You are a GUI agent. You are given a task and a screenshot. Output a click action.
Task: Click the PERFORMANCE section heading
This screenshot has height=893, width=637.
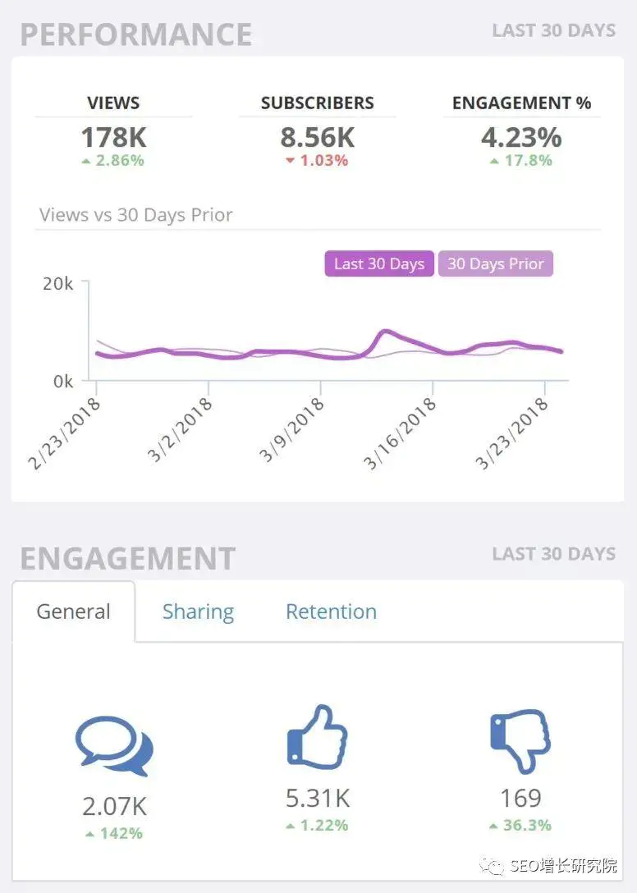pyautogui.click(x=136, y=34)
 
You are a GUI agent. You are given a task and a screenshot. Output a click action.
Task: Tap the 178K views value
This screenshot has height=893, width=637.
pyautogui.click(x=113, y=137)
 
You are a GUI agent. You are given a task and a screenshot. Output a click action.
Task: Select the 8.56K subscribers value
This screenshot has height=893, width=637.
pyautogui.click(x=317, y=137)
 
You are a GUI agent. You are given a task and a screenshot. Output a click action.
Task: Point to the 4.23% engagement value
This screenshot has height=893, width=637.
pyautogui.click(x=521, y=137)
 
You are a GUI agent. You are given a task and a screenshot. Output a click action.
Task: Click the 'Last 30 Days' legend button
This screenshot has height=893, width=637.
pyautogui.click(x=378, y=264)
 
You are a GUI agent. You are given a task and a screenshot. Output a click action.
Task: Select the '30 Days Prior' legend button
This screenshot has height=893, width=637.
pyautogui.click(x=495, y=264)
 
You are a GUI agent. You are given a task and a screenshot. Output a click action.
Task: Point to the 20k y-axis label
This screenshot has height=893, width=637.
pyautogui.click(x=57, y=284)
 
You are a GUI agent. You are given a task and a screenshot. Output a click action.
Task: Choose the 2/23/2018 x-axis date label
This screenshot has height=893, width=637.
pyautogui.click(x=64, y=433)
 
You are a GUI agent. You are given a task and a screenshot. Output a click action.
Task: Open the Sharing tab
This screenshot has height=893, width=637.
pyautogui.click(x=198, y=611)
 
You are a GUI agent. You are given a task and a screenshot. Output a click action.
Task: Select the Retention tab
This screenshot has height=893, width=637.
pyautogui.click(x=331, y=611)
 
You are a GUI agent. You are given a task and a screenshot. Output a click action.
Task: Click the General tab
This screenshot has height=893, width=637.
pyautogui.click(x=73, y=611)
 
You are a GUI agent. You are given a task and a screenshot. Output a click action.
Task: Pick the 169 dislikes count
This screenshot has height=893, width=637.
pyautogui.click(x=520, y=798)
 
